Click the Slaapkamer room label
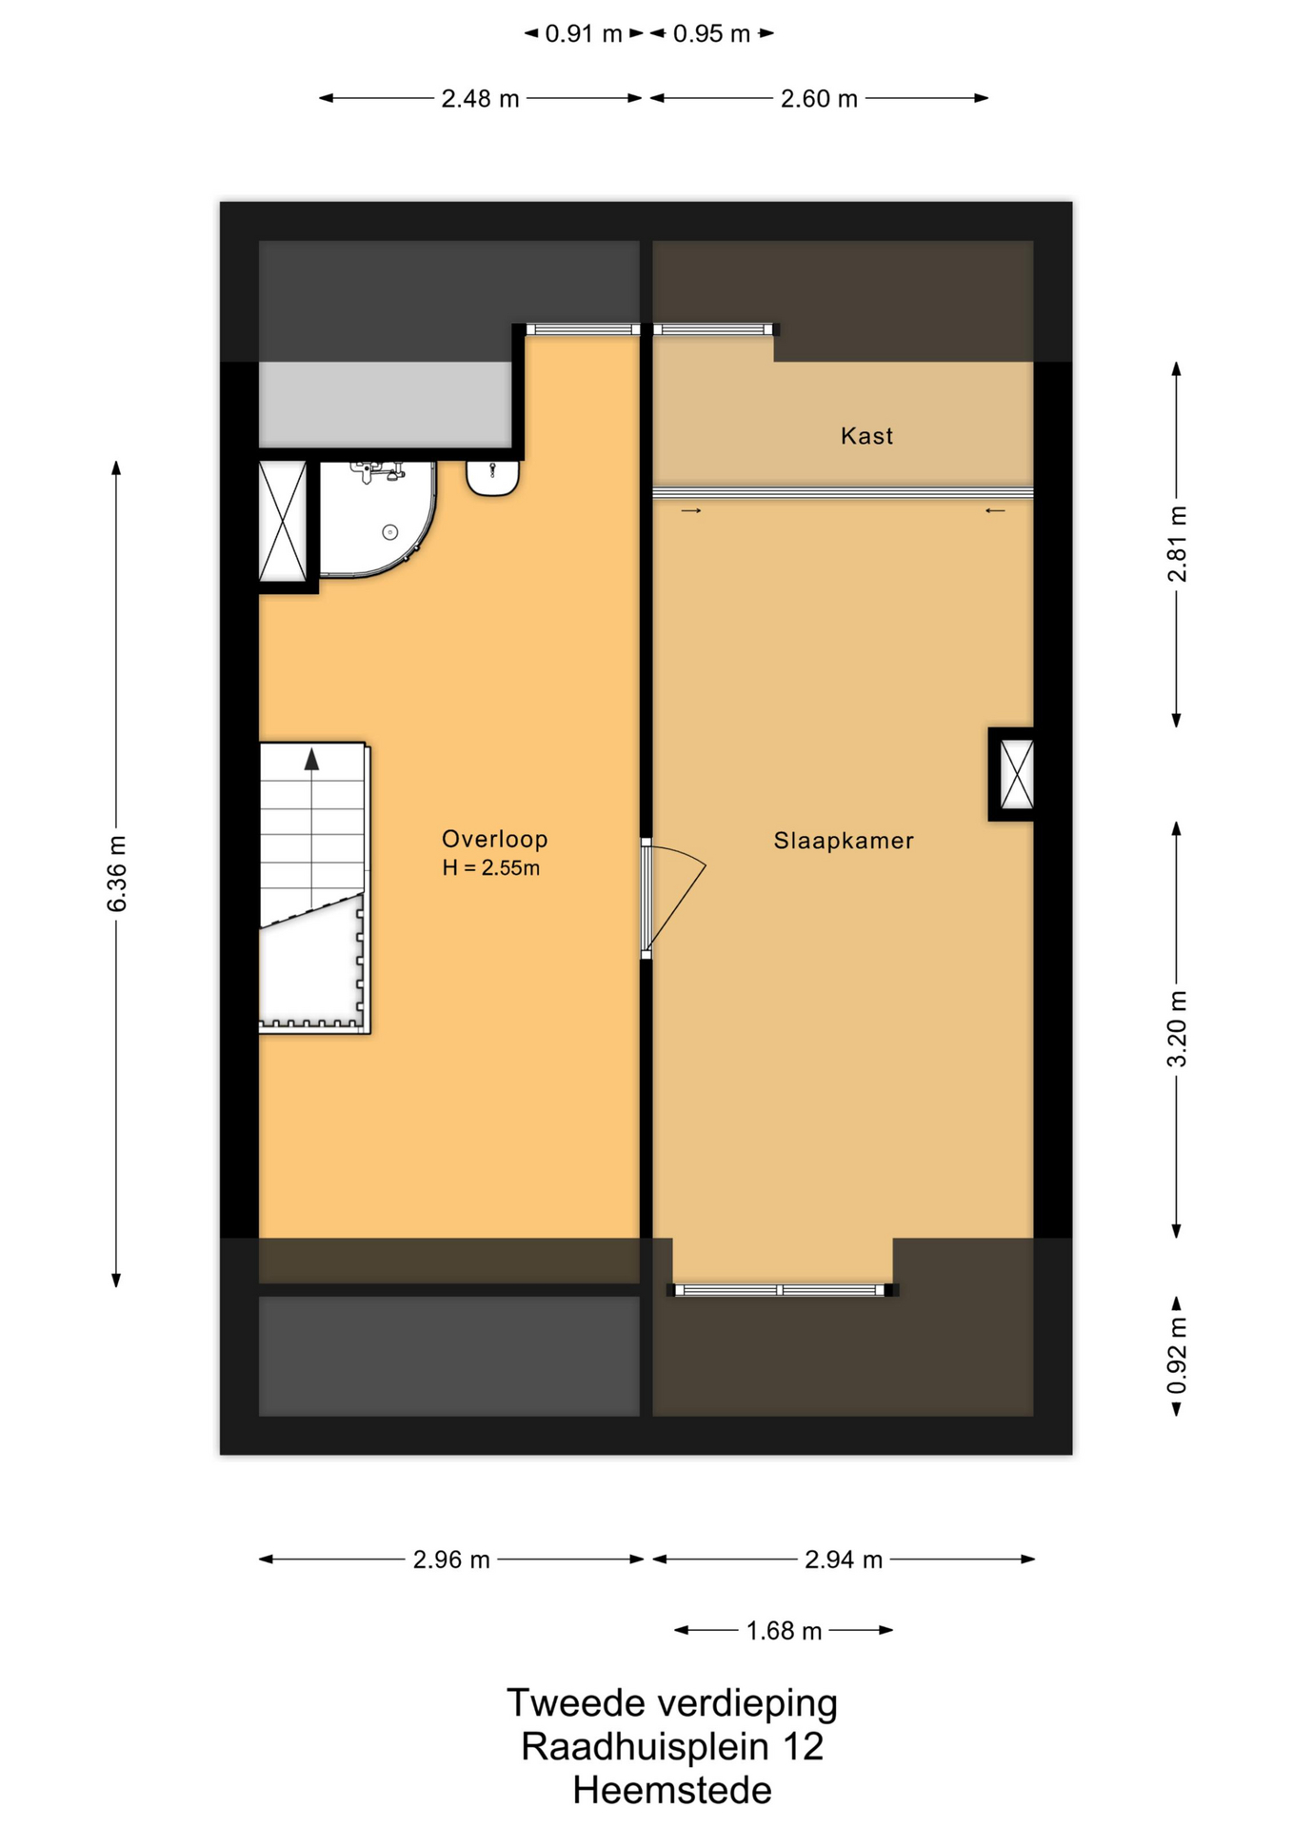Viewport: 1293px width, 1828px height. click(x=843, y=841)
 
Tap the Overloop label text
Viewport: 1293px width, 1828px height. click(x=494, y=839)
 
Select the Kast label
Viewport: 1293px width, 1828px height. click(x=866, y=436)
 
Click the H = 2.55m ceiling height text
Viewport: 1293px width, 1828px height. click(x=490, y=868)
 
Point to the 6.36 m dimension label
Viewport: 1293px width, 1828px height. click(x=116, y=874)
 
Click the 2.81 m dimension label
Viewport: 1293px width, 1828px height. click(x=1178, y=545)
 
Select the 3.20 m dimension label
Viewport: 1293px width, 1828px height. click(x=1178, y=1029)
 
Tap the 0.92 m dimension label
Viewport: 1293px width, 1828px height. click(x=1178, y=1356)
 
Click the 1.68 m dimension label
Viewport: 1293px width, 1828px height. click(x=784, y=1631)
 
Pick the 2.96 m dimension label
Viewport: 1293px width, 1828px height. click(x=451, y=1560)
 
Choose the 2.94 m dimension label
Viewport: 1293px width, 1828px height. click(x=844, y=1560)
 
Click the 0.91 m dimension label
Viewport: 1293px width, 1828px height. click(x=584, y=34)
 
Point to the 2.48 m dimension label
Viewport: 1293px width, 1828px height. click(x=480, y=99)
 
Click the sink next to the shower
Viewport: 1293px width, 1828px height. click(x=492, y=478)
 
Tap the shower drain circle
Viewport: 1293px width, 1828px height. click(x=389, y=532)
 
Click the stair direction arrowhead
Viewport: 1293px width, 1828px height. click(x=311, y=759)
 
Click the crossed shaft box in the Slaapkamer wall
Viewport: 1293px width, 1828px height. click(x=1017, y=774)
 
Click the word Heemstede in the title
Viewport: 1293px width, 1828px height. click(x=672, y=1791)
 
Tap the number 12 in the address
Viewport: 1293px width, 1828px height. click(x=803, y=1747)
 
